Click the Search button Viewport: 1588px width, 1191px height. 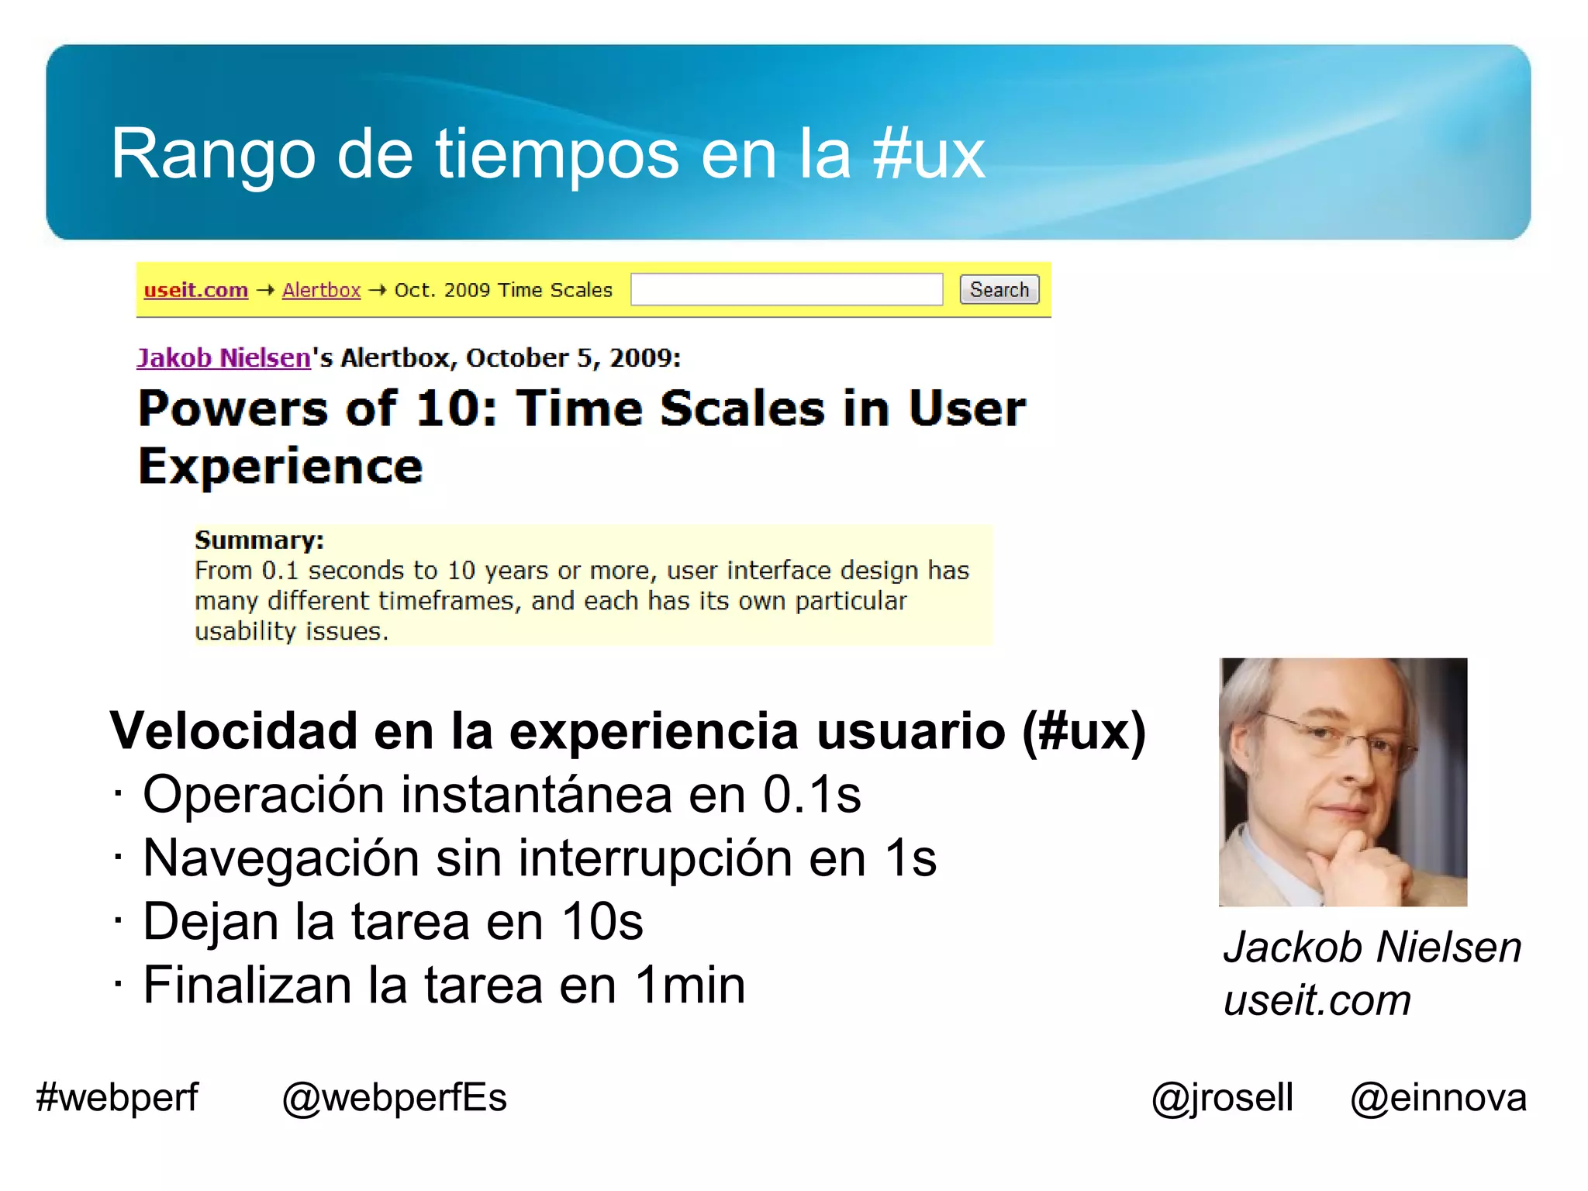(x=999, y=290)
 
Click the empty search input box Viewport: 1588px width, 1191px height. (x=786, y=290)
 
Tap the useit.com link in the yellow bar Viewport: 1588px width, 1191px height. (x=196, y=290)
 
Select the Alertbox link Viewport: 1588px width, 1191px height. (x=321, y=290)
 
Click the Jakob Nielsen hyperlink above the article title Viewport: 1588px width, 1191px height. (x=224, y=357)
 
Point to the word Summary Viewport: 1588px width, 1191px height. (x=259, y=540)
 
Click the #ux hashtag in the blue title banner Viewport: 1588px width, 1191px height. (x=928, y=154)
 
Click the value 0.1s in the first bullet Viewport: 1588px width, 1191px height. (x=812, y=795)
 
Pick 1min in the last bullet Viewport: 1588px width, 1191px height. (x=690, y=986)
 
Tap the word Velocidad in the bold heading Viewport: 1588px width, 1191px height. (x=233, y=731)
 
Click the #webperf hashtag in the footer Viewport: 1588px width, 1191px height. (x=117, y=1098)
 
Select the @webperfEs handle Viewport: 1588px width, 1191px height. (x=394, y=1098)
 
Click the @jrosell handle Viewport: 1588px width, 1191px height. (x=1222, y=1098)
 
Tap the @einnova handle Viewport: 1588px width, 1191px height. (x=1438, y=1098)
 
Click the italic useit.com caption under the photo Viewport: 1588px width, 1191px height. (x=1317, y=1000)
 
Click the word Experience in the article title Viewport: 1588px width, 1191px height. (x=281, y=467)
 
